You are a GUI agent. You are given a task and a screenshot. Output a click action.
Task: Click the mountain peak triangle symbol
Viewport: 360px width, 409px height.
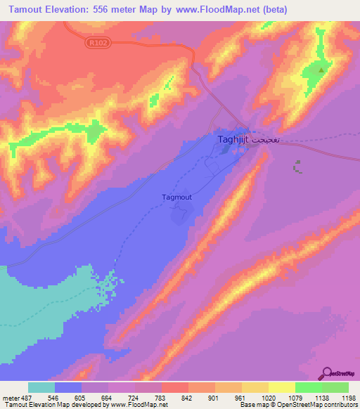coord(321,70)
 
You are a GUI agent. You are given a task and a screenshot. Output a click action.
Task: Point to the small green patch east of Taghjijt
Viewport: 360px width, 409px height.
coord(298,167)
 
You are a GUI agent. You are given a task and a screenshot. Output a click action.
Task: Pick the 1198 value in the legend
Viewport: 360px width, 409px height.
coord(348,398)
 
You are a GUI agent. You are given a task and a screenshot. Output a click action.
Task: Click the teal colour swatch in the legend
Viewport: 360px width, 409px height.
coord(41,388)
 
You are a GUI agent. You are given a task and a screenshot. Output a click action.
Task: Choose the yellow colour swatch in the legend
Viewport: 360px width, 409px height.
coord(282,388)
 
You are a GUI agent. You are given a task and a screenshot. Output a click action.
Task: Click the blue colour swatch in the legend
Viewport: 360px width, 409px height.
coord(68,388)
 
